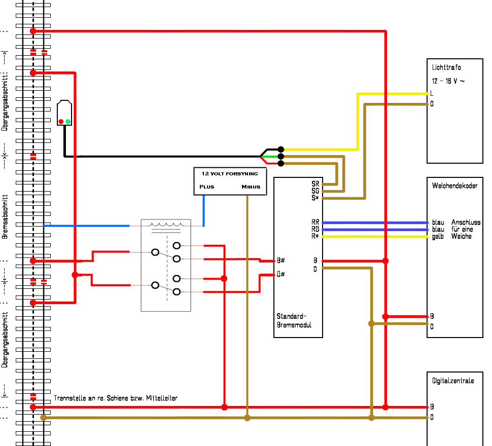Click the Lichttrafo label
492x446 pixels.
(x=446, y=67)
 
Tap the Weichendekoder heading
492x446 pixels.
(x=454, y=185)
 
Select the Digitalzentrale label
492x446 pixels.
(x=453, y=381)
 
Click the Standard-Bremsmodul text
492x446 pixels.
(x=294, y=320)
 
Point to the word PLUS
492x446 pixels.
(x=207, y=187)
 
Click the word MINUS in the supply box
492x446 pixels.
(x=251, y=187)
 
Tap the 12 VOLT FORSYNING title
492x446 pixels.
(x=230, y=174)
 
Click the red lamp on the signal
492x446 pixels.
(x=61, y=121)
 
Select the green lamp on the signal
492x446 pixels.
(x=68, y=121)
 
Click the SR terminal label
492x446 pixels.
(x=315, y=184)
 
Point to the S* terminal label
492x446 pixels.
(x=315, y=198)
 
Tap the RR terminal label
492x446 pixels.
(x=315, y=222)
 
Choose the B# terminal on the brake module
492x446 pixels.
(x=280, y=261)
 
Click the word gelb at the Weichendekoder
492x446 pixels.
(x=438, y=236)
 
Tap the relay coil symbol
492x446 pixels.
(x=166, y=225)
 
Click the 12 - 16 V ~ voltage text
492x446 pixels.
(x=448, y=81)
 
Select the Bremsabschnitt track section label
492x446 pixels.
(x=5, y=217)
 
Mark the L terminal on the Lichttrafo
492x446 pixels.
(x=432, y=93)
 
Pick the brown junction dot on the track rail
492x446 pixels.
(x=44, y=418)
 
